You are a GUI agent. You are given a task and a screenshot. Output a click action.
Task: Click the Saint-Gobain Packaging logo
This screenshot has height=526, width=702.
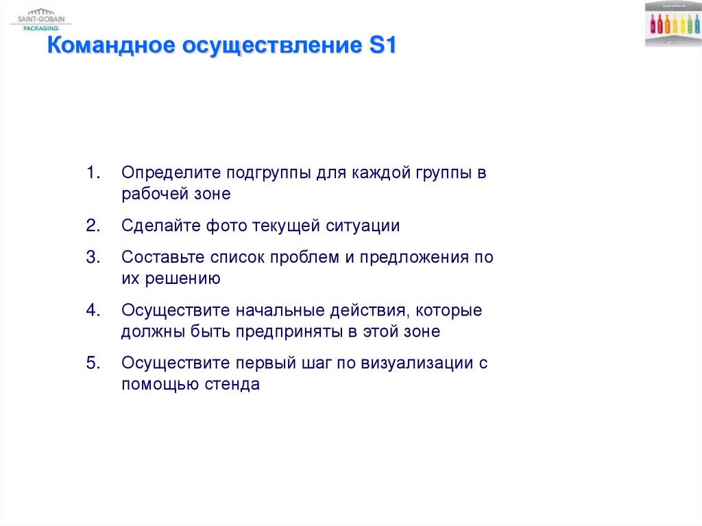click(x=37, y=19)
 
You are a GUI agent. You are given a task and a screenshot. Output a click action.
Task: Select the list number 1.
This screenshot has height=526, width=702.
click(x=93, y=173)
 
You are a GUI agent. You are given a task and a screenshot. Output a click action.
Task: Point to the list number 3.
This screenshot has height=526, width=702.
click(x=93, y=258)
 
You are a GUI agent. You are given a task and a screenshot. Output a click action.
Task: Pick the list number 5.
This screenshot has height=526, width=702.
click(x=93, y=363)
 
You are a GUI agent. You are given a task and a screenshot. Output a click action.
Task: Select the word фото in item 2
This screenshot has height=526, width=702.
click(x=223, y=226)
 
